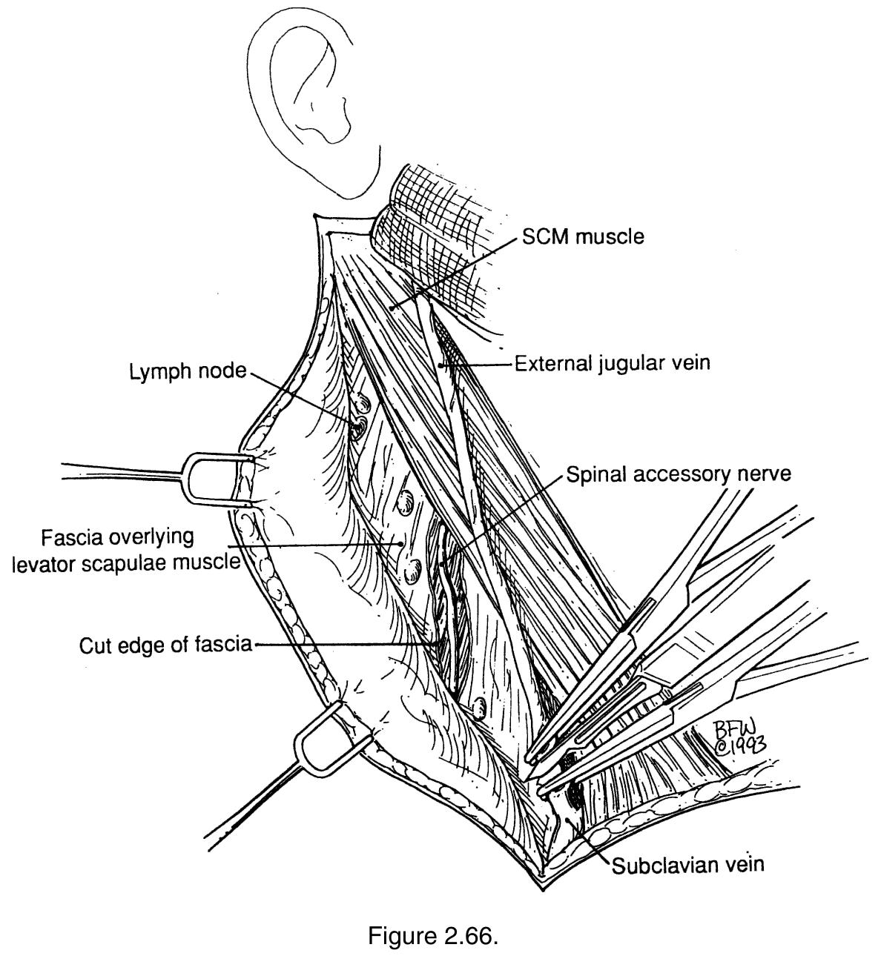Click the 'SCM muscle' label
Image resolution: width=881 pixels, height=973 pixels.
click(x=582, y=236)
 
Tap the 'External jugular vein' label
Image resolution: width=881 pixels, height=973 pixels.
click(x=612, y=363)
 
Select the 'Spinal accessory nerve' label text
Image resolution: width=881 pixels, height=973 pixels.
click(x=679, y=474)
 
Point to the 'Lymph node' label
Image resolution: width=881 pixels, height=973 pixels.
click(x=188, y=371)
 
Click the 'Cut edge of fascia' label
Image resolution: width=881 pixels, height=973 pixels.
click(x=165, y=645)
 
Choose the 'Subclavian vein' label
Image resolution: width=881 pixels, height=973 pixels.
click(x=687, y=864)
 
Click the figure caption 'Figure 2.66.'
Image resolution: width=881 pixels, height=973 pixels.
click(x=433, y=936)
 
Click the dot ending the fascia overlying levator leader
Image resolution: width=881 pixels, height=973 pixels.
click(x=400, y=544)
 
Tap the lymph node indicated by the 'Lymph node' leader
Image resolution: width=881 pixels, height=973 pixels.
click(x=358, y=428)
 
